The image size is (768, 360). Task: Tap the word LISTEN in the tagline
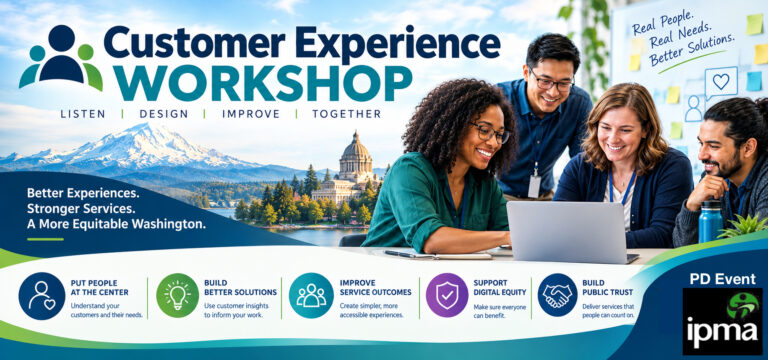[83, 114]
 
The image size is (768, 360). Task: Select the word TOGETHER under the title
[347, 114]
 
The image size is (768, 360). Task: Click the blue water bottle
[711, 222]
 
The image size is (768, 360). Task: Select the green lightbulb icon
[177, 295]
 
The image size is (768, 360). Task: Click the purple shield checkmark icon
[447, 295]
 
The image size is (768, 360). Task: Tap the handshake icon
[557, 295]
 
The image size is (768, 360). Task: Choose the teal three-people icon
[311, 295]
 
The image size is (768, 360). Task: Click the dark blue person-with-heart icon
[42, 295]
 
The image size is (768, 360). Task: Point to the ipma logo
[722, 321]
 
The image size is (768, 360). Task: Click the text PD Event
[722, 279]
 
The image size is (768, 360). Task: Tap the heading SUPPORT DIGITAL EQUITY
[500, 288]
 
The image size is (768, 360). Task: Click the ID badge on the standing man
[534, 186]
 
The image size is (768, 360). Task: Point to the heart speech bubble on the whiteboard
[721, 82]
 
